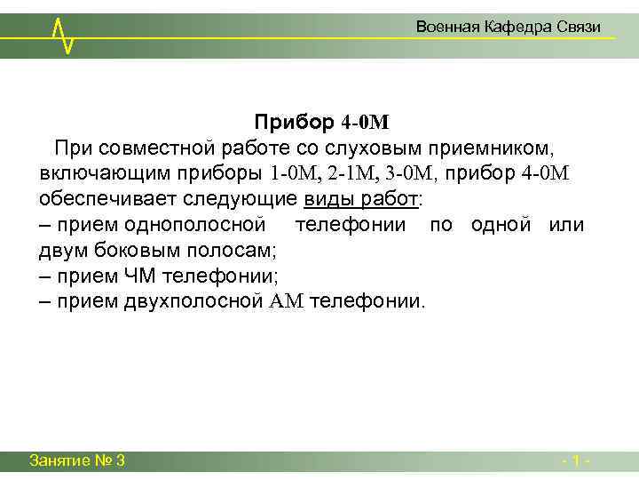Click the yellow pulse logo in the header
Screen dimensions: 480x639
62,33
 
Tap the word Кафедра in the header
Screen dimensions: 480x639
517,28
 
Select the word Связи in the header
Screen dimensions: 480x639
580,28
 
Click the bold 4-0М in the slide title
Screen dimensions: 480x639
366,121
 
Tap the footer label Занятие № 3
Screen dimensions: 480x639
76,460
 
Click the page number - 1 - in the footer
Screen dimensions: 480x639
577,460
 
